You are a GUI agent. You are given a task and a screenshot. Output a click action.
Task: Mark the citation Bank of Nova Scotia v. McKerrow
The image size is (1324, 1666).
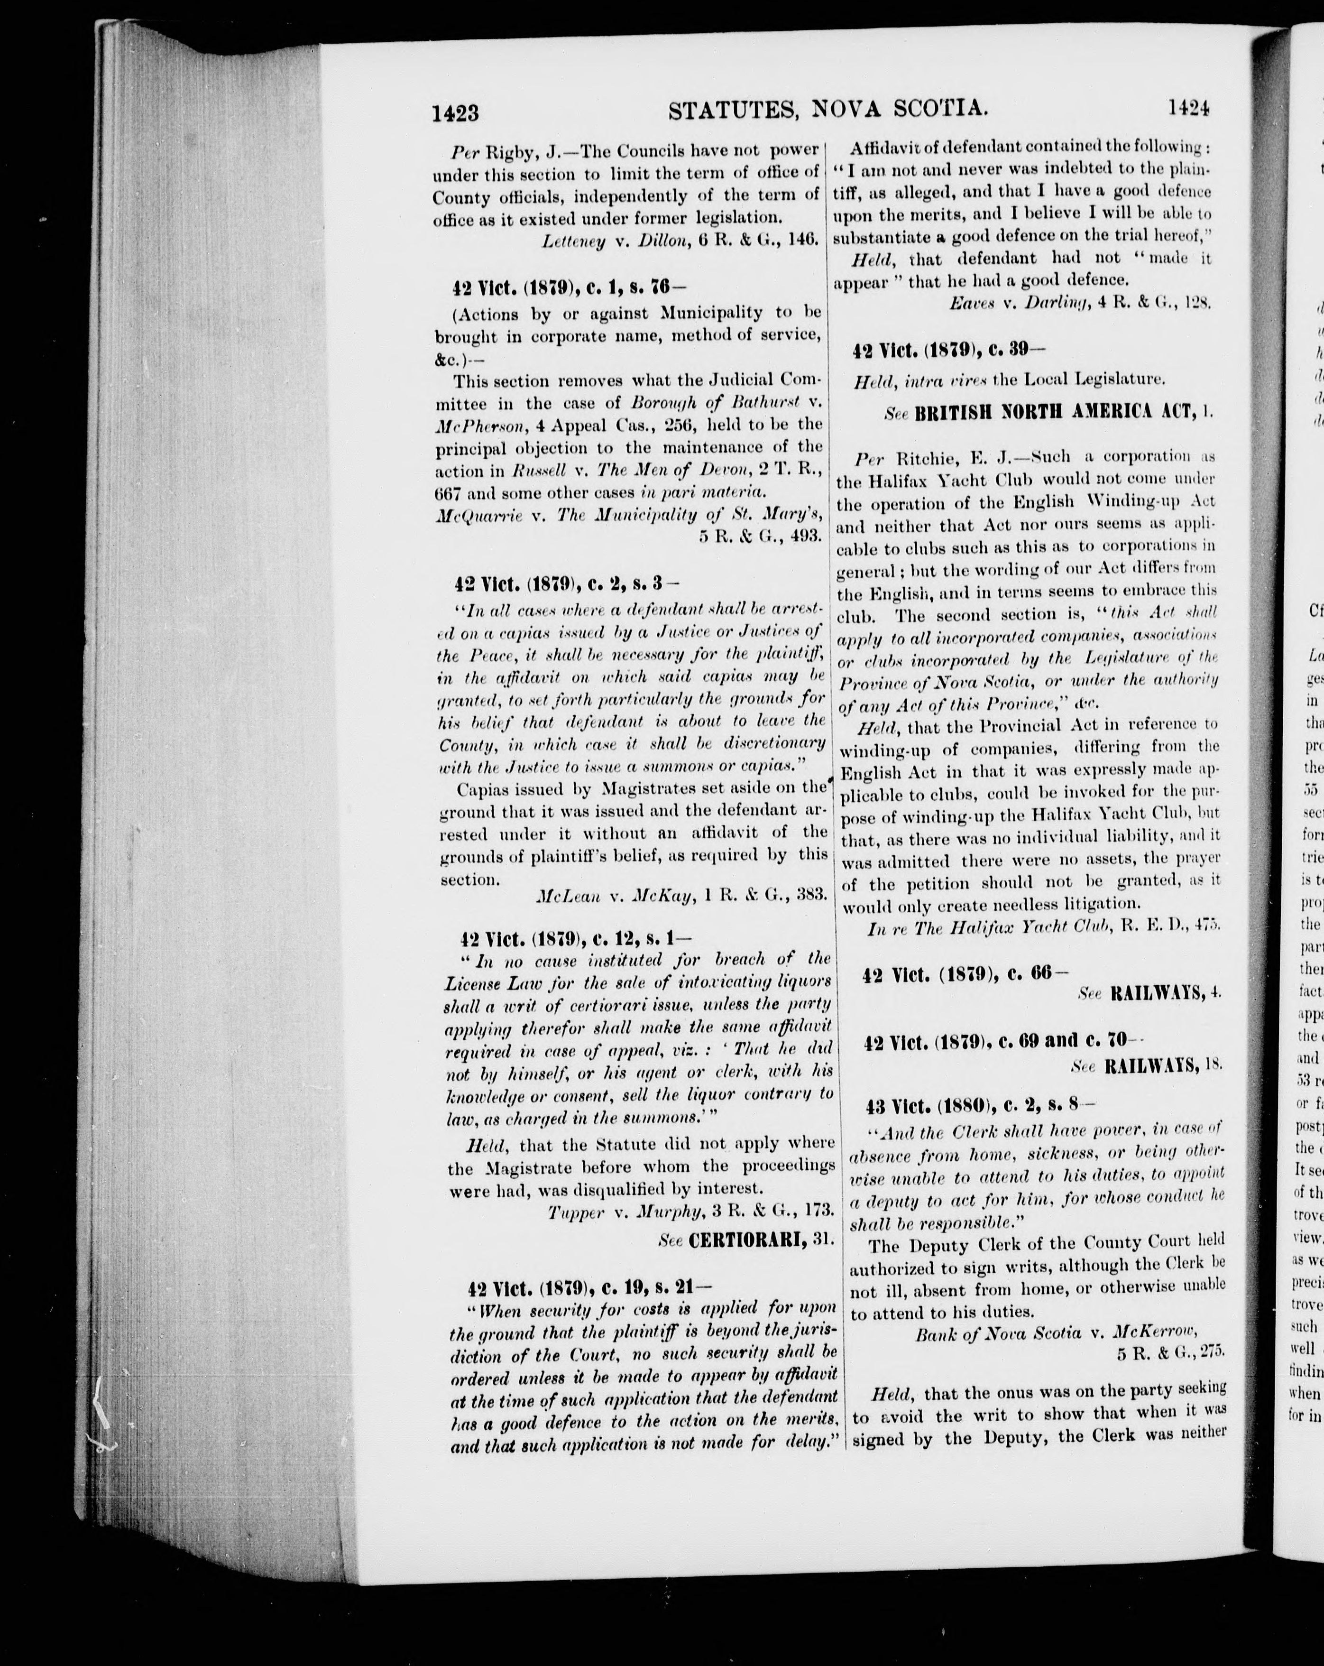[x=1056, y=1332]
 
